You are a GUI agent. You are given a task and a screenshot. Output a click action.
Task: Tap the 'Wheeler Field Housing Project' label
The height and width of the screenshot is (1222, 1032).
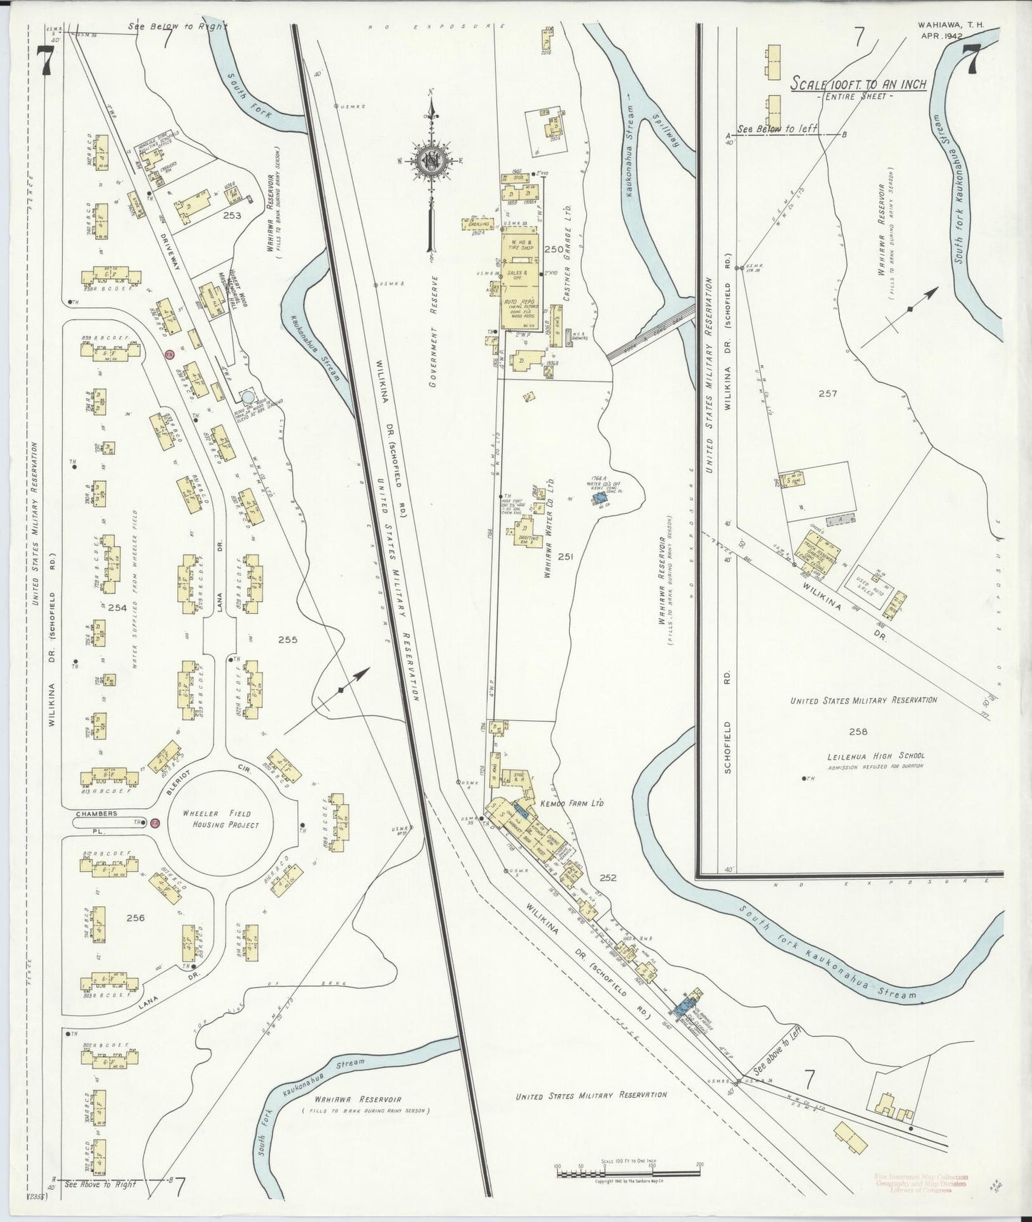[221, 819]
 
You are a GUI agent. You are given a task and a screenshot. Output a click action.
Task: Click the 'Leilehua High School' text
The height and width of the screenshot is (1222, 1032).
[867, 755]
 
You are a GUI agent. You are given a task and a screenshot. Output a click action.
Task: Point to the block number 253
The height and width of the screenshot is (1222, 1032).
[231, 215]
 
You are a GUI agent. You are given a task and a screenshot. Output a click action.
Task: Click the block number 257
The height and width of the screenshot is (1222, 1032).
[828, 394]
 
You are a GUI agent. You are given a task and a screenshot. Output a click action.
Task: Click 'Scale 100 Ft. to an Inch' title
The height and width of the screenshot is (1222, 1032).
[858, 84]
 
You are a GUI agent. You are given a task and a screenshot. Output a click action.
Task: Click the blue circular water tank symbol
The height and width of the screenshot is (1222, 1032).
[248, 396]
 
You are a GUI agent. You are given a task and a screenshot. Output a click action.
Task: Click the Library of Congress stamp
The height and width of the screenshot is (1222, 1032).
[921, 1183]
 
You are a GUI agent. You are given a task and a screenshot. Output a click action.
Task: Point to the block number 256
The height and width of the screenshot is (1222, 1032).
[136, 918]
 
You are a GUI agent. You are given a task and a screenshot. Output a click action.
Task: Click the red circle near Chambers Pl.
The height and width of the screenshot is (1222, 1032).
[154, 823]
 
